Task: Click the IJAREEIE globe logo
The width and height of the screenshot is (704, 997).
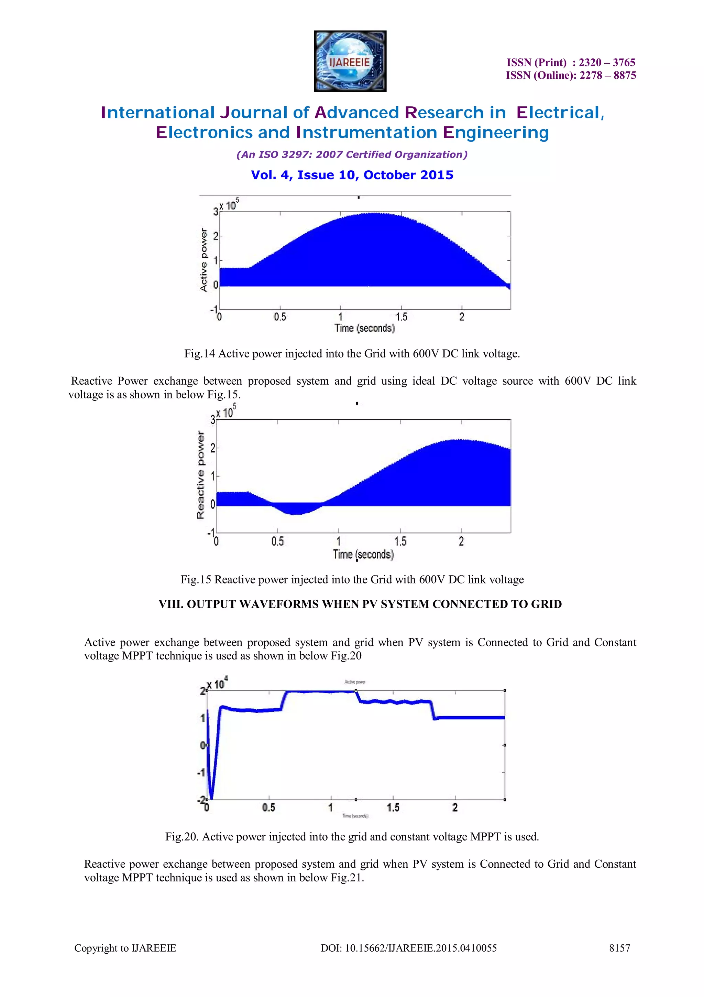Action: click(x=350, y=61)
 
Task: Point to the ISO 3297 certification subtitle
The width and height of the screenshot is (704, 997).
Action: click(x=352, y=154)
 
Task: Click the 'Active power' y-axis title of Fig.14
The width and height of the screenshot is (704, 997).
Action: click(x=203, y=260)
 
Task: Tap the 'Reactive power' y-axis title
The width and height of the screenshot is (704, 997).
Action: click(x=200, y=475)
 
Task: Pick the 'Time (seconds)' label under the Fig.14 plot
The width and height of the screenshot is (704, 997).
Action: click(x=364, y=328)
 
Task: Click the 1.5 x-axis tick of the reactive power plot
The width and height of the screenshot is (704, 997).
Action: click(x=400, y=541)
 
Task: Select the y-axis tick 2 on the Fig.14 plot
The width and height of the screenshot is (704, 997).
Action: click(x=215, y=236)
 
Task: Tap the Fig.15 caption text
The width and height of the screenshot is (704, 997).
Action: click(x=352, y=579)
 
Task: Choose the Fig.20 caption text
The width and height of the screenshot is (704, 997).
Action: click(x=352, y=837)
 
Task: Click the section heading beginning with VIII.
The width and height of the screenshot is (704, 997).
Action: click(x=360, y=604)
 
